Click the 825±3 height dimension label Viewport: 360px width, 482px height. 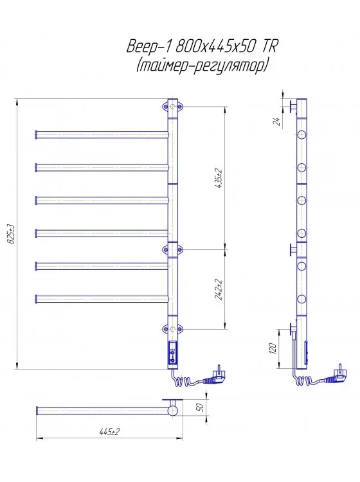coord(11,234)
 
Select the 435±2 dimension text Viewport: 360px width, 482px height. coord(220,178)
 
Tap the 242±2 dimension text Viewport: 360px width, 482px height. coord(220,290)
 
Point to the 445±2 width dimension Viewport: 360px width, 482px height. coord(109,432)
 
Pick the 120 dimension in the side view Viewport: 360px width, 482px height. coord(273,348)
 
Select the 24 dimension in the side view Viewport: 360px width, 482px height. coord(277,121)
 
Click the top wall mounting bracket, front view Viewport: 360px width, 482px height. coord(172,107)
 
